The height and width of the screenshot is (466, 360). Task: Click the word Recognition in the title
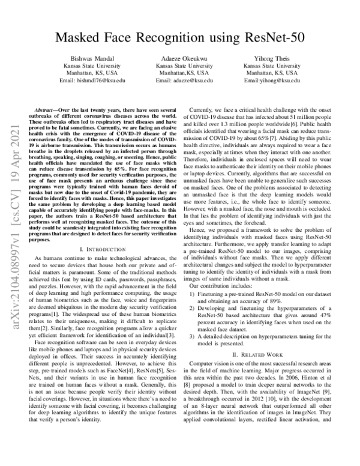pyautogui.click(x=180, y=38)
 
